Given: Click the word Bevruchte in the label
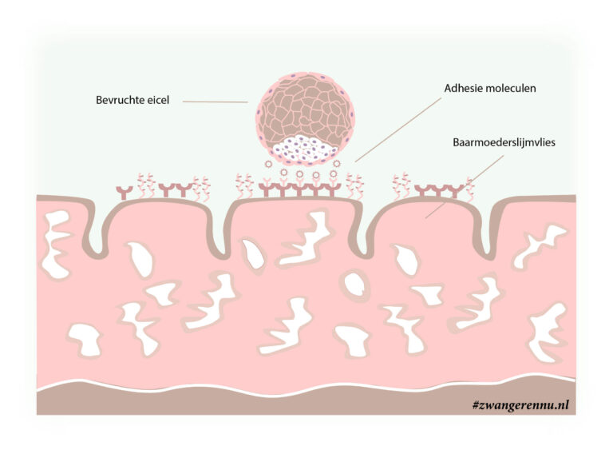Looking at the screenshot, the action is [120, 100].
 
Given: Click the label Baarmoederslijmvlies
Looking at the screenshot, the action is [504, 142].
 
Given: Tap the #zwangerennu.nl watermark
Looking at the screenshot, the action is [520, 405].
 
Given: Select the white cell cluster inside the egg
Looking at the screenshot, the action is [305, 149].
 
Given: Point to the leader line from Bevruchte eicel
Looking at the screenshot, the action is [216, 102].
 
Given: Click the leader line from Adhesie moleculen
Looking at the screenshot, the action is [398, 129].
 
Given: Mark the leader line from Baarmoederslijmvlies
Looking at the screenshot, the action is [465, 186].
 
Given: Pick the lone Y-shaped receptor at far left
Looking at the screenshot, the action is [125, 193].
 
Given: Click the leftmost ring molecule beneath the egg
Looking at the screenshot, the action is [268, 164].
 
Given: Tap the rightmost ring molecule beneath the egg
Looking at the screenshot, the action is [337, 163].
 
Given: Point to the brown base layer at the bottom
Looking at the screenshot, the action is [306, 400].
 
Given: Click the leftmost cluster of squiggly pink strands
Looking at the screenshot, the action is [145, 186].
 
